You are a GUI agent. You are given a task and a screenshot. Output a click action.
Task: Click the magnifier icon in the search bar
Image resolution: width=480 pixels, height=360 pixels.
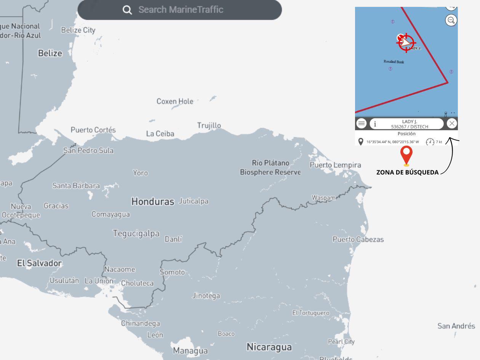click(127, 10)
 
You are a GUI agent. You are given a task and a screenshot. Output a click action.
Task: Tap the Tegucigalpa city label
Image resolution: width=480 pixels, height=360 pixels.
click(136, 233)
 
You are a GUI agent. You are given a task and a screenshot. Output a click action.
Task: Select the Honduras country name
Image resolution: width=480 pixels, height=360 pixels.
click(152, 202)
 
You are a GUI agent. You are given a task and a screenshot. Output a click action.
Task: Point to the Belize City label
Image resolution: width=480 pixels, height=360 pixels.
click(78, 30)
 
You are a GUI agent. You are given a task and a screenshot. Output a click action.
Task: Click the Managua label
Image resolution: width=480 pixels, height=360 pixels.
click(190, 350)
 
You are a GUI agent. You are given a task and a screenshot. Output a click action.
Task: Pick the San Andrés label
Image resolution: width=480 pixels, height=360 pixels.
click(456, 326)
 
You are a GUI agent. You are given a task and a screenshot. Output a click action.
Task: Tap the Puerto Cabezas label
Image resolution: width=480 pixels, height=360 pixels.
click(358, 239)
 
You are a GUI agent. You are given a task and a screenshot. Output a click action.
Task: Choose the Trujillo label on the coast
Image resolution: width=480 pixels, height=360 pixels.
click(209, 125)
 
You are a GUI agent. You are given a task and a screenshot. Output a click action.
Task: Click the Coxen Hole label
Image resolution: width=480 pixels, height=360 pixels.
click(175, 101)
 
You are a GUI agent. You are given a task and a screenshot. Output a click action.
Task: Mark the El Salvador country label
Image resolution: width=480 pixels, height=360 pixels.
click(39, 263)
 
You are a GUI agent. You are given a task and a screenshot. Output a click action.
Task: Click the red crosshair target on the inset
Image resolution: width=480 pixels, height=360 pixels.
click(406, 42)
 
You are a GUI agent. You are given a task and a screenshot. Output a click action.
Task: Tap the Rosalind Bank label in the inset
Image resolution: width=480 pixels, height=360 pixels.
click(394, 62)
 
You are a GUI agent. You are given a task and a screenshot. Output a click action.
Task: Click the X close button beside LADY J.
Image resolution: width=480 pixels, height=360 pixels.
click(451, 123)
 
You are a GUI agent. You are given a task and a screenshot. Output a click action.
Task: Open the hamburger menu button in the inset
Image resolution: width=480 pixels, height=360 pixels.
click(362, 123)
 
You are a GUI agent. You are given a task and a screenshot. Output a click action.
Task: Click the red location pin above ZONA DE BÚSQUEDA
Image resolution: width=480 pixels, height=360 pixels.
click(406, 154)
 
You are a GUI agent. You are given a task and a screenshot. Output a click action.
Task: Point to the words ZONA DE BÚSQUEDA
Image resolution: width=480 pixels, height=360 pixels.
click(407, 172)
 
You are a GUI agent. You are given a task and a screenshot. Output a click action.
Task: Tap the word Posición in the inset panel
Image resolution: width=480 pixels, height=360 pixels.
click(406, 134)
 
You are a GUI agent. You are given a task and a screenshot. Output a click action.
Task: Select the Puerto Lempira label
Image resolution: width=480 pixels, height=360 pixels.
click(335, 165)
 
